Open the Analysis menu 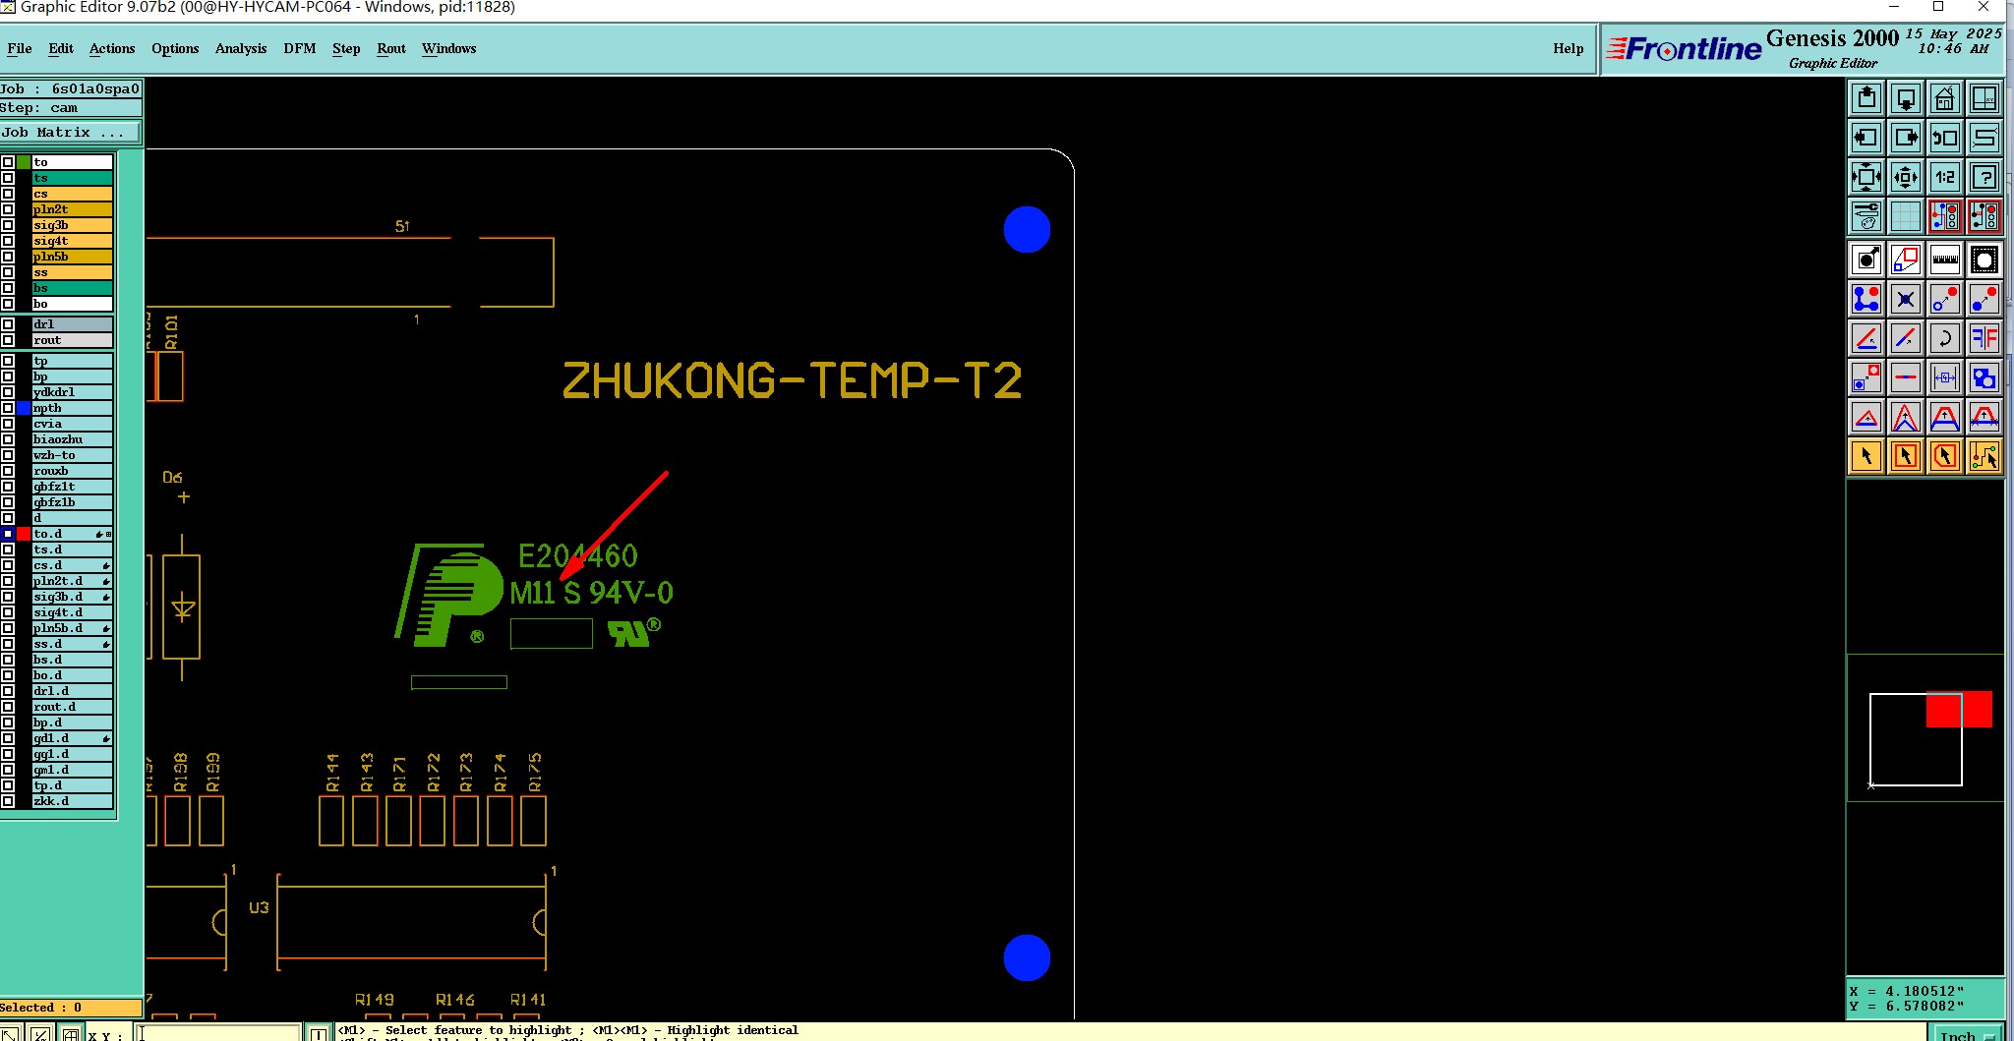point(240,48)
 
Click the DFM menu point(299,48)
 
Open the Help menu point(1568,48)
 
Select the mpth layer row point(71,408)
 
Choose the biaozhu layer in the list point(71,439)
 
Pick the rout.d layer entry point(71,707)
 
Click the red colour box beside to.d point(24,534)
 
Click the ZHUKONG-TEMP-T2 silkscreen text point(792,381)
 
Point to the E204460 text point(578,556)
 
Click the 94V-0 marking point(631,593)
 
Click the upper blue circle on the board point(1027,229)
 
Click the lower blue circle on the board point(1027,957)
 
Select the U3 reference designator point(259,907)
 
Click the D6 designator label point(172,478)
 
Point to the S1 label point(402,226)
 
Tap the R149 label point(374,1000)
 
